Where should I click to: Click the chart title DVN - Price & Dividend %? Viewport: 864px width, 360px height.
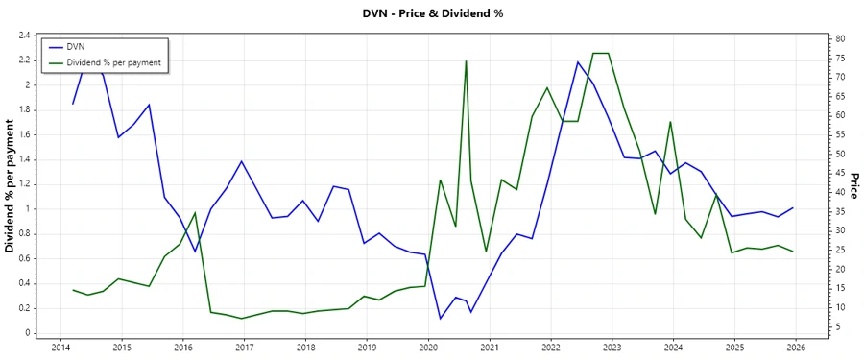[431, 13]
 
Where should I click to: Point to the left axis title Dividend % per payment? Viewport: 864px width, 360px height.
[11, 186]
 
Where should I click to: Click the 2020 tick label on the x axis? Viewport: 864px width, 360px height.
[428, 347]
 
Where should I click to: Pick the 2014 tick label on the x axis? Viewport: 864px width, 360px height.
[60, 347]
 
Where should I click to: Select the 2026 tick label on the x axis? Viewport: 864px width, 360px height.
[796, 347]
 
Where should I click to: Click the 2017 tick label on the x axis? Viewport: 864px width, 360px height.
[244, 347]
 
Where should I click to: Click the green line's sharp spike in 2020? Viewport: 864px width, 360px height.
[467, 61]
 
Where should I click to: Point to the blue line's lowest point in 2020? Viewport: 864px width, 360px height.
[440, 319]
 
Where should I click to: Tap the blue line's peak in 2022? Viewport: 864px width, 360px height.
[578, 62]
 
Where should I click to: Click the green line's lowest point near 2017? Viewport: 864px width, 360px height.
[242, 318]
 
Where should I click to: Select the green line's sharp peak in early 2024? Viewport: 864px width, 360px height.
[670, 122]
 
